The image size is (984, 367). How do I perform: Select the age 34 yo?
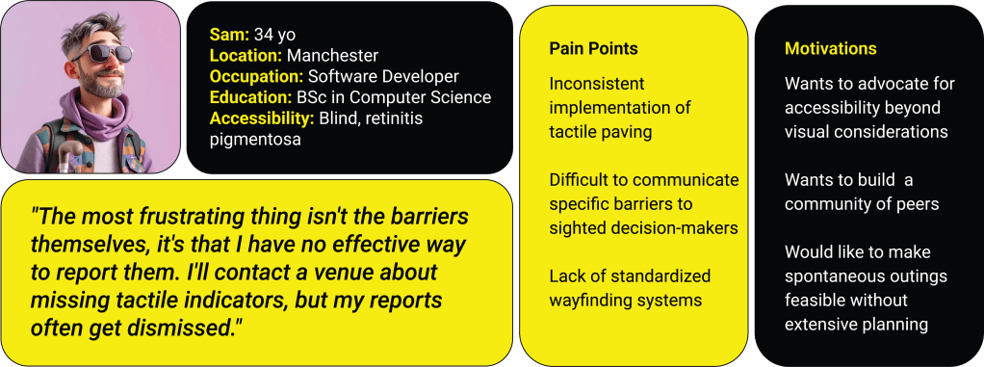(x=274, y=35)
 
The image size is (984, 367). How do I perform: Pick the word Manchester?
(x=332, y=55)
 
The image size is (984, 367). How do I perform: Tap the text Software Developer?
(x=383, y=76)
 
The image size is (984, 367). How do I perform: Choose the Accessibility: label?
(x=262, y=118)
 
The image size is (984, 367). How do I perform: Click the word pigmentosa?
(x=255, y=140)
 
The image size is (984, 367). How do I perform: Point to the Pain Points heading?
(x=593, y=49)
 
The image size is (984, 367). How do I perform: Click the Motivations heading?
(x=830, y=49)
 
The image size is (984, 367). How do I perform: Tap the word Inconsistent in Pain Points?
(x=588, y=84)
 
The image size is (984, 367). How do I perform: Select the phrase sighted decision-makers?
(x=643, y=228)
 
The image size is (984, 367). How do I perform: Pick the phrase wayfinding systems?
(x=625, y=300)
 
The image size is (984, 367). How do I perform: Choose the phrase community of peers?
(x=862, y=204)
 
